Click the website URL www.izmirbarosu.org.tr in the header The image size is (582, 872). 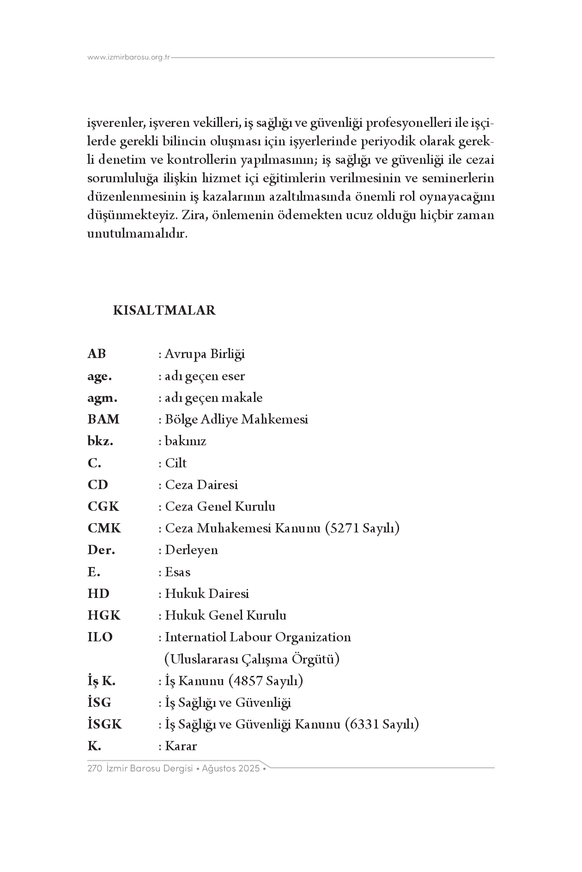tap(129, 58)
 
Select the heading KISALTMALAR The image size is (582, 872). tap(164, 311)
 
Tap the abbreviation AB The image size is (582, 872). tap(97, 354)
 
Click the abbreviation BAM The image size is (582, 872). tap(103, 419)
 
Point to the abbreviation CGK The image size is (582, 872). tap(103, 507)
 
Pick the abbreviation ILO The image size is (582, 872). tap(100, 637)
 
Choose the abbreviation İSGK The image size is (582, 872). tap(105, 724)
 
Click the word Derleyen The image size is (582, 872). tap(191, 550)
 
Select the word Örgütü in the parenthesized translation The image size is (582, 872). tap(313, 659)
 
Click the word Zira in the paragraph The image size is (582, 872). tap(192, 215)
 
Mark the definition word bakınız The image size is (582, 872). tap(185, 441)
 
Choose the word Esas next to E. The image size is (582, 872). tap(177, 572)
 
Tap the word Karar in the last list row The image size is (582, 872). tap(181, 746)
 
